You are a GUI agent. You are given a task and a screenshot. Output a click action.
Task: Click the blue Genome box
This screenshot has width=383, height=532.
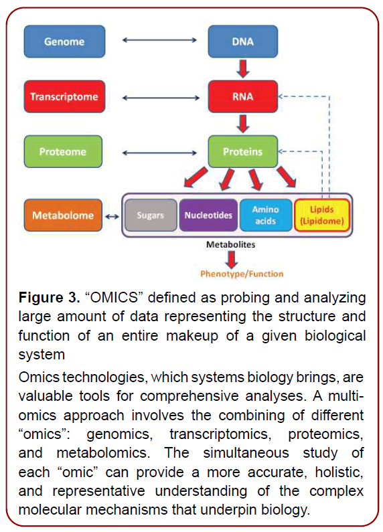click(x=64, y=42)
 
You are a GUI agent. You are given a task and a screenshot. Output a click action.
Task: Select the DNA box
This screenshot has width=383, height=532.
click(x=242, y=42)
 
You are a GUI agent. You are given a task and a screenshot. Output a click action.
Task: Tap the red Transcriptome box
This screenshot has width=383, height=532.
click(x=64, y=97)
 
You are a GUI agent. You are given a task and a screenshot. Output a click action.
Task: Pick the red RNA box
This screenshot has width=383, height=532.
click(x=242, y=97)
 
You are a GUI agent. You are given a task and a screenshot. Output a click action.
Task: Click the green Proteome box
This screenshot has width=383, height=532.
click(x=64, y=152)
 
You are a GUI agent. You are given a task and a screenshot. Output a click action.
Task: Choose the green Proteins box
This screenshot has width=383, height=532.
click(x=242, y=152)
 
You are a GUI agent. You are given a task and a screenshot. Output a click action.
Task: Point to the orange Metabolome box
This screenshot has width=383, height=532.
click(x=64, y=215)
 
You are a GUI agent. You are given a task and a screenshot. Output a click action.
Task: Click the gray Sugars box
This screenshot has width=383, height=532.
click(x=150, y=215)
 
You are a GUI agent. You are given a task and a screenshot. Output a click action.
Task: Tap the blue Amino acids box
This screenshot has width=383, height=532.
click(x=265, y=215)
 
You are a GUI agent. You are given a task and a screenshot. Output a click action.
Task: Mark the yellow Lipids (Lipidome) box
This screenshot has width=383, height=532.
click(x=321, y=215)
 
